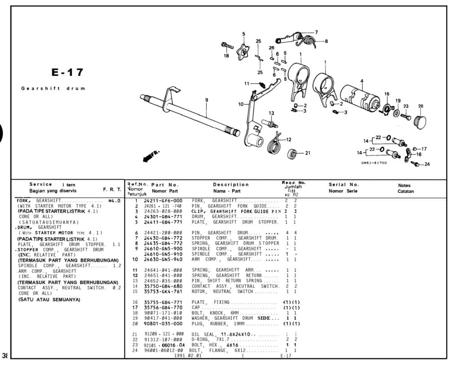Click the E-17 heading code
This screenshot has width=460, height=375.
pyautogui.click(x=67, y=72)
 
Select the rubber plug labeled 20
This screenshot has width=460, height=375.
pyautogui.click(x=420, y=121)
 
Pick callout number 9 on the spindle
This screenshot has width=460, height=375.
pyautogui.click(x=207, y=100)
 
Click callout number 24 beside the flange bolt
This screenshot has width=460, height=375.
pyautogui.click(x=427, y=164)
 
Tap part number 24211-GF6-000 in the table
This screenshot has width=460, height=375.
pyautogui.click(x=163, y=200)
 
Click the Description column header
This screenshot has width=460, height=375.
pyautogui.click(x=231, y=185)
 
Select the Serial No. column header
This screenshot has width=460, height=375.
pyautogui.click(x=344, y=185)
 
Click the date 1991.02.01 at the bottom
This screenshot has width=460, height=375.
pyautogui.click(x=188, y=356)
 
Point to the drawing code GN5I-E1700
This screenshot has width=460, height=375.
pyautogui.click(x=374, y=163)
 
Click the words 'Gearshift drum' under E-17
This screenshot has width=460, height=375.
pyautogui.click(x=53, y=88)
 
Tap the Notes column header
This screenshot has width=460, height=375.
pyautogui.click(x=404, y=185)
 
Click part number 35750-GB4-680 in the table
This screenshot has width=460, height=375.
pyautogui.click(x=163, y=286)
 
